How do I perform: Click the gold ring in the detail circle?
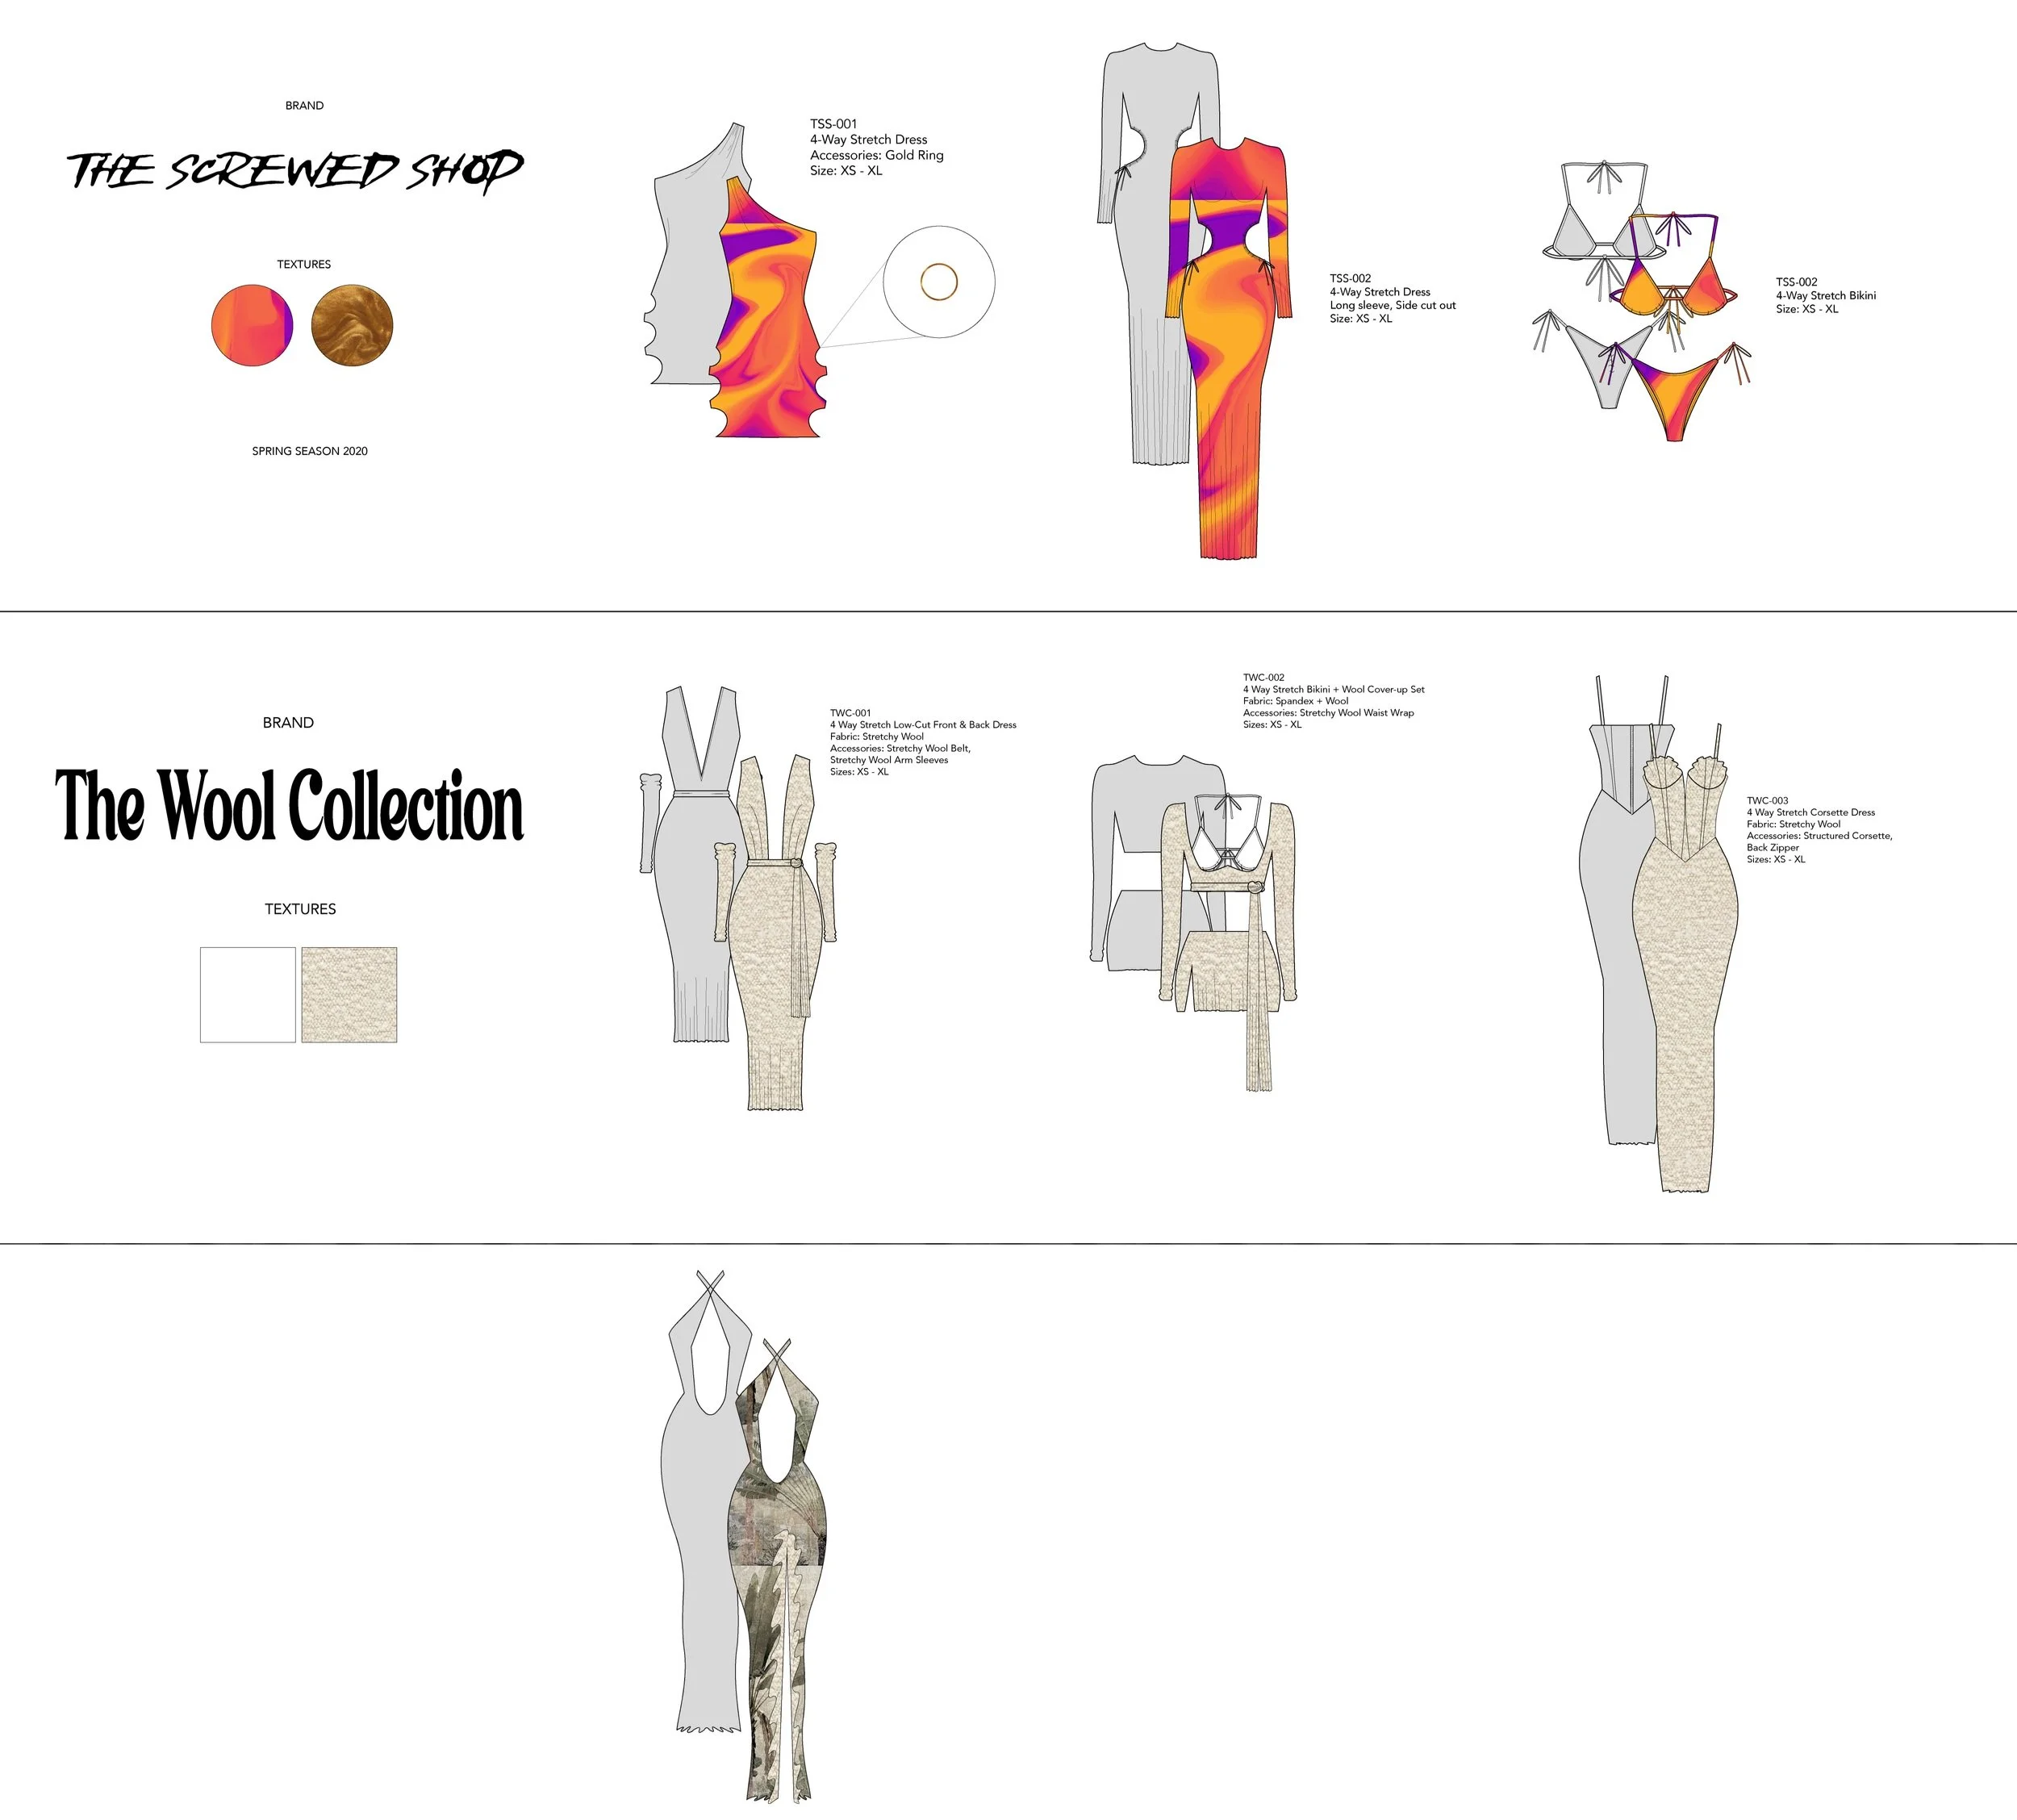pos(939,282)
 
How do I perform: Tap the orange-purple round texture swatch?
pos(252,325)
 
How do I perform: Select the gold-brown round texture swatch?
pos(352,325)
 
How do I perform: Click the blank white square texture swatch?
pos(248,995)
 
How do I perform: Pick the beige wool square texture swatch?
pos(349,995)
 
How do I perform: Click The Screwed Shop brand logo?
pos(295,171)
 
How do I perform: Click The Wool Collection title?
pos(290,806)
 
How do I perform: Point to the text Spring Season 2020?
pos(310,451)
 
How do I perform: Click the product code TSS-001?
pos(833,124)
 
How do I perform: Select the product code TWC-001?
pos(850,713)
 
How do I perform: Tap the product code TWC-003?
pos(1767,801)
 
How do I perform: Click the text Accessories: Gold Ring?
pos(876,155)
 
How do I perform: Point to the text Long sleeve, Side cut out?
pos(1392,305)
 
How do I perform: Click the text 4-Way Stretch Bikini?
pos(1825,296)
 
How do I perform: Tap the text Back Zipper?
pos(1772,848)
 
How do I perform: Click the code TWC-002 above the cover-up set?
pos(1263,678)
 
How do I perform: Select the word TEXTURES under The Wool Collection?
pos(300,909)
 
